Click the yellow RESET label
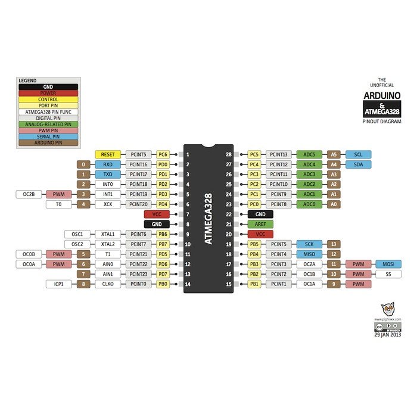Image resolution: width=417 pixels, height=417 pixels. [x=108, y=154]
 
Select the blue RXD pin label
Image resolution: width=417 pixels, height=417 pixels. [x=108, y=164]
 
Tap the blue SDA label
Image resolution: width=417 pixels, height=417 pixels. [x=358, y=164]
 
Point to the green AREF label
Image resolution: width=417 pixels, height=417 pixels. [x=260, y=224]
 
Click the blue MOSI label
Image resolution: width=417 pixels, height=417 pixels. [x=388, y=264]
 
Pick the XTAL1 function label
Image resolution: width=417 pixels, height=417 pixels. [x=108, y=234]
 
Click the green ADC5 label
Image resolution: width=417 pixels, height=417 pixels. [x=309, y=154]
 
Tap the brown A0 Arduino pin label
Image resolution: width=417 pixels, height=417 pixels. [x=334, y=204]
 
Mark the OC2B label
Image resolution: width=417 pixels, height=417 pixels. [x=29, y=194]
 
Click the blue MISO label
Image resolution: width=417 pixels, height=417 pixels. [x=309, y=254]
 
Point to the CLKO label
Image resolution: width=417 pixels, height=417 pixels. [x=108, y=284]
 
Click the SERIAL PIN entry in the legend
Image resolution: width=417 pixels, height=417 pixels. [x=48, y=135]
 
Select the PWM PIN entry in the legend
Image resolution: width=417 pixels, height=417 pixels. [x=48, y=129]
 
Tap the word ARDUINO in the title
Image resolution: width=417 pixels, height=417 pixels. [x=382, y=95]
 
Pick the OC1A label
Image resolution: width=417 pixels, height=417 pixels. [x=309, y=284]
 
